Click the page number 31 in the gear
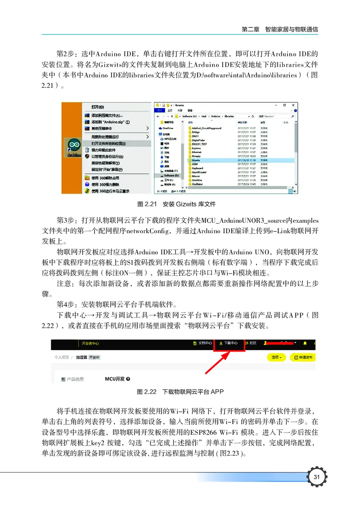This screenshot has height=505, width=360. [317, 477]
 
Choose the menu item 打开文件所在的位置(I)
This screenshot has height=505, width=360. [108, 144]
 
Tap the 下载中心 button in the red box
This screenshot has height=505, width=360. [230, 343]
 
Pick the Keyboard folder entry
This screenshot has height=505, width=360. [197, 168]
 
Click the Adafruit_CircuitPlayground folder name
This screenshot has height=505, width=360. [207, 128]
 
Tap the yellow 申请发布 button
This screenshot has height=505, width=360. [304, 357]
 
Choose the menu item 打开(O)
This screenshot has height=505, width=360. [98, 107]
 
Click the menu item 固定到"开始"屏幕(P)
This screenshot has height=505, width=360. [108, 169]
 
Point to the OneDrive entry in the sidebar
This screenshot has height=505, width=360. [168, 128]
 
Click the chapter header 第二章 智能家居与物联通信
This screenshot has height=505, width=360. [280, 29]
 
